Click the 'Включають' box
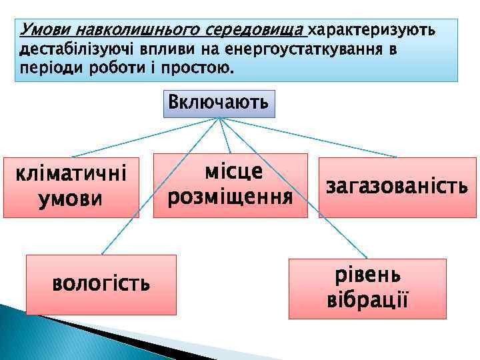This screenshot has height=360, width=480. click(219, 103)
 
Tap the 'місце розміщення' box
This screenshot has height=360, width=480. click(230, 185)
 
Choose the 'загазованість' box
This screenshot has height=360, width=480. click(397, 187)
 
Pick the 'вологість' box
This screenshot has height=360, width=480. click(101, 285)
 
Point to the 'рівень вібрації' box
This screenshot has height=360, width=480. click(367, 288)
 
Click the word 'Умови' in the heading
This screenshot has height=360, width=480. click(46, 30)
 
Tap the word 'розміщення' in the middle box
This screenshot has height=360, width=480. click(230, 197)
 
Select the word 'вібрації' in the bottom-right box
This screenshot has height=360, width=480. click(367, 299)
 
